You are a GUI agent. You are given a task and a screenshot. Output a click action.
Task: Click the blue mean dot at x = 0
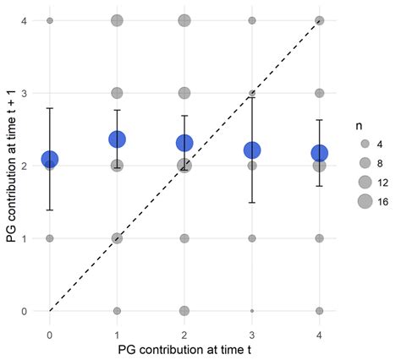(50, 159)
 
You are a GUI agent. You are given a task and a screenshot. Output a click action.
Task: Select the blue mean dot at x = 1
(117, 139)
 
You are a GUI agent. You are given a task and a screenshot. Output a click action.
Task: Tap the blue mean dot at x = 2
(184, 143)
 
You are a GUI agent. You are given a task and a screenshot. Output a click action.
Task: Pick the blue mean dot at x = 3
(252, 150)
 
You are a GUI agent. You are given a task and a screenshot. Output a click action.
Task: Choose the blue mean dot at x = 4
(319, 153)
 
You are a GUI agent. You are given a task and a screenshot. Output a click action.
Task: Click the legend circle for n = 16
(365, 200)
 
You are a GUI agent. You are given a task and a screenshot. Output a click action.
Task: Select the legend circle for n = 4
(365, 144)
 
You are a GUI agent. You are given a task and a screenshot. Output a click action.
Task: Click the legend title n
(360, 124)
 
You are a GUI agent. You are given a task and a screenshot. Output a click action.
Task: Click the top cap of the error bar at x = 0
(50, 108)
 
